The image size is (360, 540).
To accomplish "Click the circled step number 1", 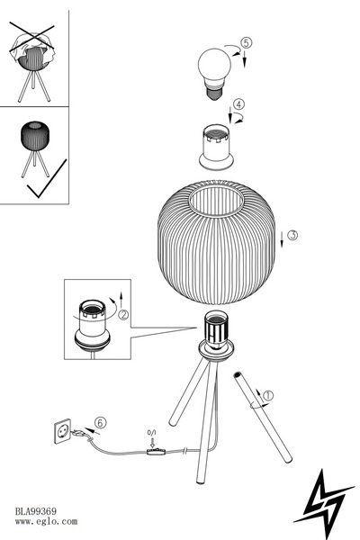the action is pos(267,395).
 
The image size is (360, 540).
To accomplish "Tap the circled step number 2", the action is pos(123,315).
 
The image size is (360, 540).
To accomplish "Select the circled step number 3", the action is pos(292,235).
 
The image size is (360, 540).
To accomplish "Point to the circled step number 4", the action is pos(238,104).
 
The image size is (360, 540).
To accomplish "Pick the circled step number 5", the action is pos(246,43).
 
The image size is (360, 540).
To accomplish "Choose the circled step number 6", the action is pos(100,423).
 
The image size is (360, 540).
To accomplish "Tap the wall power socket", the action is pos(62,431).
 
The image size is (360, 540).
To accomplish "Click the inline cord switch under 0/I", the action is pos(156,452).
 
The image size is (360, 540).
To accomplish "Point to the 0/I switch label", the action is pos(151,432).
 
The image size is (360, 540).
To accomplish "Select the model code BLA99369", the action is pos(35,511).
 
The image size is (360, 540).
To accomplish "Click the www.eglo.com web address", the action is pos(46,521).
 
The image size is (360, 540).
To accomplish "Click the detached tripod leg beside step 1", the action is pos(263,418).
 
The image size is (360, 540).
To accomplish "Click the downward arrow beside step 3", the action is pos(282,239).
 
